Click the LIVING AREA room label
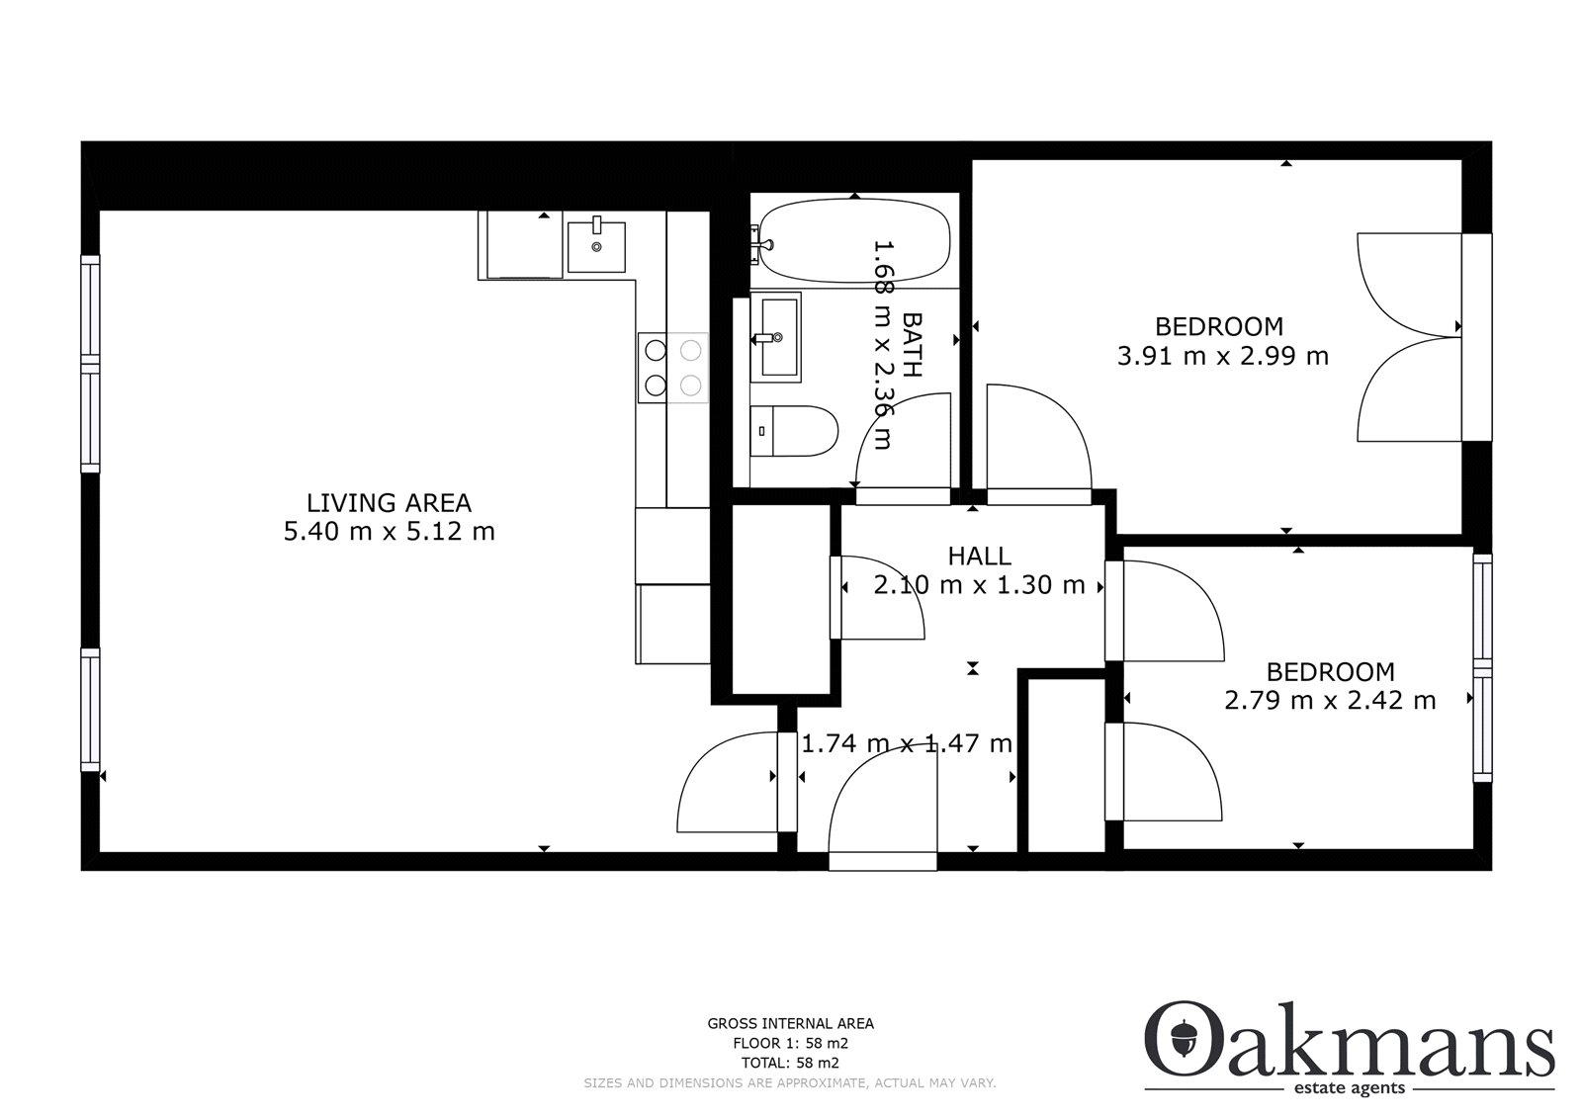coord(389,503)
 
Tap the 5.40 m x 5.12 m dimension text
coord(390,531)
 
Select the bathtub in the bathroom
coord(854,241)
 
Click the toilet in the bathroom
coord(794,431)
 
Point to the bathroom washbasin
coord(776,338)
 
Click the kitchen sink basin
coord(596,246)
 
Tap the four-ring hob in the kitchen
coord(673,368)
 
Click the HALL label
coord(979,557)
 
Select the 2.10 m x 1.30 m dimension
coord(979,585)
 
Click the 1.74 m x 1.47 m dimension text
coord(907,743)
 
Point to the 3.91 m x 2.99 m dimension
coord(1222,355)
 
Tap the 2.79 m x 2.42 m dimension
coord(1330,701)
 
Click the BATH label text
coord(913,345)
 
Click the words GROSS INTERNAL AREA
coord(790,1023)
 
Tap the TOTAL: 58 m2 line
coord(790,1063)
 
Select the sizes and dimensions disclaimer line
coord(790,1082)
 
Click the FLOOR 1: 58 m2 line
coord(790,1043)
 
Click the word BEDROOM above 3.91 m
coord(1219,326)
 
